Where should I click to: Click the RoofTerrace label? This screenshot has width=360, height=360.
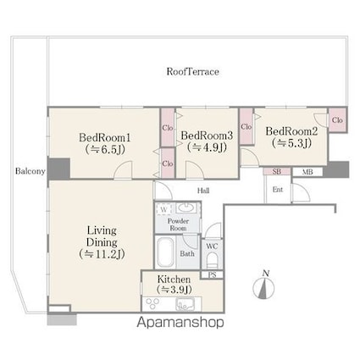pyautogui.click(x=192, y=72)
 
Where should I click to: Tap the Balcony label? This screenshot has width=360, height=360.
pyautogui.click(x=30, y=171)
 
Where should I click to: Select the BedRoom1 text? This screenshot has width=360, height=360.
pyautogui.click(x=105, y=138)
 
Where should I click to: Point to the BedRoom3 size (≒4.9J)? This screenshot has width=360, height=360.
pyautogui.click(x=207, y=147)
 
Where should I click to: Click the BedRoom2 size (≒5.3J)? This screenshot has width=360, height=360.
pyautogui.click(x=291, y=143)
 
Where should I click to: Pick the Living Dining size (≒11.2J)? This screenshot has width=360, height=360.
pyautogui.click(x=102, y=254)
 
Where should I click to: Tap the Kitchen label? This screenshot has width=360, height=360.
pyautogui.click(x=174, y=280)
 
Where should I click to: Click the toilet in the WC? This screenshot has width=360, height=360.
pyautogui.click(x=212, y=260)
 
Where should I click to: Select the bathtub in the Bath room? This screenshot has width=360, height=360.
pyautogui.click(x=165, y=252)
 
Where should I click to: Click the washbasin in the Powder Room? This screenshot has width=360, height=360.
pyautogui.click(x=185, y=208)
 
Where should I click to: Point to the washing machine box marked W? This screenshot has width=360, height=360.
pyautogui.click(x=163, y=209)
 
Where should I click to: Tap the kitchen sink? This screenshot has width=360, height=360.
pyautogui.click(x=184, y=305)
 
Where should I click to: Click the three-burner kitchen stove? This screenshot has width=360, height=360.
pyautogui.click(x=152, y=304)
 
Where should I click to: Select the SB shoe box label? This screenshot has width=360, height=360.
pyautogui.click(x=277, y=171)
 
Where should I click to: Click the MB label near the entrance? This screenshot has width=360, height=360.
pyautogui.click(x=307, y=172)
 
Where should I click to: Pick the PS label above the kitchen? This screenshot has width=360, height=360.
pyautogui.click(x=212, y=274)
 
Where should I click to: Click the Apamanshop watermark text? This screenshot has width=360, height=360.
pyautogui.click(x=180, y=323)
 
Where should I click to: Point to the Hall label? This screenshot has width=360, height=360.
pyautogui.click(x=203, y=191)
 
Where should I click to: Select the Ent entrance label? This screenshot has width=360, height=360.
pyautogui.click(x=278, y=190)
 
